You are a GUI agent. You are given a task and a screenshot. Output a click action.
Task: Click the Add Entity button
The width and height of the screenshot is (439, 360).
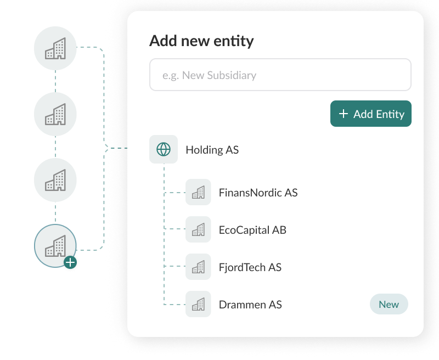[x=371, y=114]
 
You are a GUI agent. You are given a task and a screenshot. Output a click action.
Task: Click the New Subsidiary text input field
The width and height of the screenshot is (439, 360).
[x=280, y=75]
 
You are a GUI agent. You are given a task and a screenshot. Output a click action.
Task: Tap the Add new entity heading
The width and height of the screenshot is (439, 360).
[x=201, y=41]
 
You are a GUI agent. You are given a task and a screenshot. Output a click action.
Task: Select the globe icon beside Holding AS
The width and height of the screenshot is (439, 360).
[x=164, y=149]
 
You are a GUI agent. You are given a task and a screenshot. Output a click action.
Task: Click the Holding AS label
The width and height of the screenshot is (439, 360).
[x=212, y=150]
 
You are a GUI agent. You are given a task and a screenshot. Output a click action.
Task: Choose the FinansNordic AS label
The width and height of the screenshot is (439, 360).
[x=258, y=193]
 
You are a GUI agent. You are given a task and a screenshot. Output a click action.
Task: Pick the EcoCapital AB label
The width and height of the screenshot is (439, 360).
[x=252, y=230]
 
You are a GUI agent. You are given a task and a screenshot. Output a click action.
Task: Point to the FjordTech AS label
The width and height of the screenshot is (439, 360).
[x=250, y=267]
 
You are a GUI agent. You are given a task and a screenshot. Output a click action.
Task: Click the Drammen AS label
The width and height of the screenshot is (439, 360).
[x=250, y=305]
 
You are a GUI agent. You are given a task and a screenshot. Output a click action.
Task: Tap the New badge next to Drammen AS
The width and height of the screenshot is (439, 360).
[x=389, y=304]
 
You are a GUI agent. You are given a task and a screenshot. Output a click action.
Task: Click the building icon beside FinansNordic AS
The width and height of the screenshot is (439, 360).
[x=198, y=192]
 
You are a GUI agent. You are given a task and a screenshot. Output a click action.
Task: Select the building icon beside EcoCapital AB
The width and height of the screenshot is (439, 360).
[x=198, y=229]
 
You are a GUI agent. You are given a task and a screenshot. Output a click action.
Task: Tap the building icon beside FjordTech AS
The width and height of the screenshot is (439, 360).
[x=198, y=267]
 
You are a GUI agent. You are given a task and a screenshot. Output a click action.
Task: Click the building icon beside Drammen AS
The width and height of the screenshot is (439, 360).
[x=198, y=304]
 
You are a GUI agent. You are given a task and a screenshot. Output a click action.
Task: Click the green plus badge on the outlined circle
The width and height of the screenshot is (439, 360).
[x=70, y=262]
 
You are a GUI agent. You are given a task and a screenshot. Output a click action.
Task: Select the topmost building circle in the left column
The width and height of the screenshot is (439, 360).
[x=55, y=48]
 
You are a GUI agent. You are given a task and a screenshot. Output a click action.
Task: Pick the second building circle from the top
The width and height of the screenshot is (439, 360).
[x=55, y=114]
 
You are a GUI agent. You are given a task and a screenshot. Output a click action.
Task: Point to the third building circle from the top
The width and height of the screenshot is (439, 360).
[x=55, y=180]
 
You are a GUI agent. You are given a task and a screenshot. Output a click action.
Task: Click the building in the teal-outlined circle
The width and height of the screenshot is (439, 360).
[x=55, y=246]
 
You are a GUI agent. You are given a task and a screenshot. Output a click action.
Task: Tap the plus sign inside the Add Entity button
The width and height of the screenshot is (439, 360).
[x=344, y=114]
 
